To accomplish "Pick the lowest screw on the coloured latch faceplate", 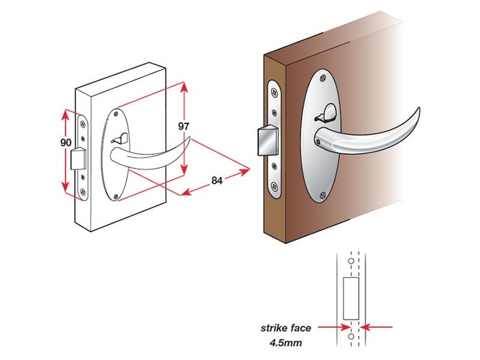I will pos(274,186).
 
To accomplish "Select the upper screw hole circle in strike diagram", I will pos(350,261).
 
